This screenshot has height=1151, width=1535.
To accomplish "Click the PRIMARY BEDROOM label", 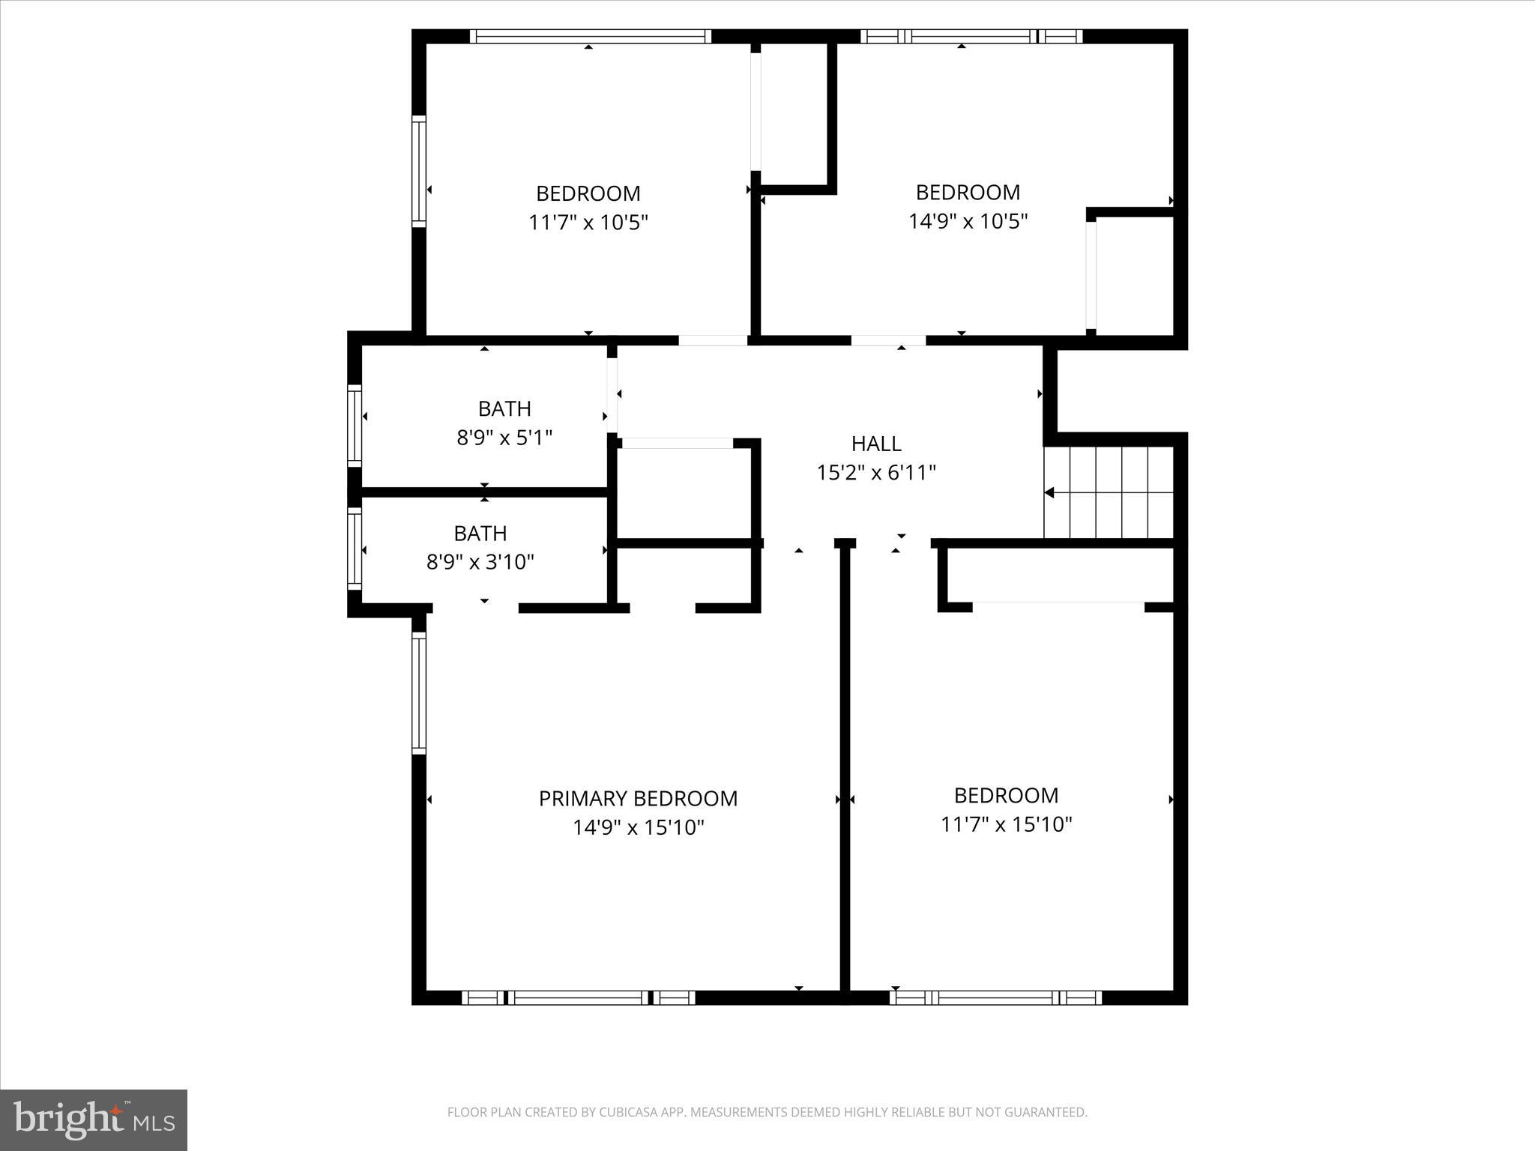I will click(x=638, y=799).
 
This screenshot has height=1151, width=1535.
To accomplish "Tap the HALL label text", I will click(x=875, y=444).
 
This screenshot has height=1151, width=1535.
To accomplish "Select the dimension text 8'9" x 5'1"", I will click(x=504, y=438).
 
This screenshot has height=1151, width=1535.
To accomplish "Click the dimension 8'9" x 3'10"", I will click(x=480, y=562).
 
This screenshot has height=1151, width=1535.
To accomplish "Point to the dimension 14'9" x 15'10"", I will click(x=638, y=828).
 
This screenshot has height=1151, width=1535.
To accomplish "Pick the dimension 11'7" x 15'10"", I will click(x=1006, y=825).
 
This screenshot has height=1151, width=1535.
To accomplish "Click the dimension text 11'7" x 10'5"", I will click(x=588, y=223).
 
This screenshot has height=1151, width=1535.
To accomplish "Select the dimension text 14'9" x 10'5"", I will click(x=968, y=222).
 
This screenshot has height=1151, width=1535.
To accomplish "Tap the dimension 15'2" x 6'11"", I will click(x=875, y=473).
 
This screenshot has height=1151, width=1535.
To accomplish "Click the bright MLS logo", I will click(x=94, y=1120).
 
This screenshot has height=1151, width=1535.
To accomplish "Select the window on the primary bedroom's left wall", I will click(x=419, y=692).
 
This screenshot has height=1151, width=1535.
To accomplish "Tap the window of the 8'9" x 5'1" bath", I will click(x=355, y=425).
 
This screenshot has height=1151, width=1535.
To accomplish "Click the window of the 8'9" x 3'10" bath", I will click(x=355, y=549).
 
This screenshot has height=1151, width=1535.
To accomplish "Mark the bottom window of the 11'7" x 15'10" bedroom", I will click(x=995, y=997).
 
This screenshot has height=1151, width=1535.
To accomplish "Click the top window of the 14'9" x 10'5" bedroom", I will click(x=971, y=36).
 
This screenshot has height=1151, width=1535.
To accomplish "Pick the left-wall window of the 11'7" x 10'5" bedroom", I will click(x=419, y=171).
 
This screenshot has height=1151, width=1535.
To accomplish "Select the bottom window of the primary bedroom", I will click(x=578, y=997).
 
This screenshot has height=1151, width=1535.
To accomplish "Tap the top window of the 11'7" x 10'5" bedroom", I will click(x=590, y=36).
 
